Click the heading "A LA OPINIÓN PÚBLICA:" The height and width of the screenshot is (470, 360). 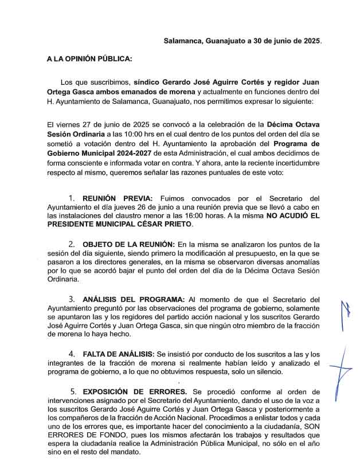[89, 59]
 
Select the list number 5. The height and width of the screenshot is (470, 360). [73, 391]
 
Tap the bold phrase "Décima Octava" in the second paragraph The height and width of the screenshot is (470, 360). [291, 124]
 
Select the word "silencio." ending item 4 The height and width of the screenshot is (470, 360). [267, 373]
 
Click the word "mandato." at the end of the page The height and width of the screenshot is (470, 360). [125, 451]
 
